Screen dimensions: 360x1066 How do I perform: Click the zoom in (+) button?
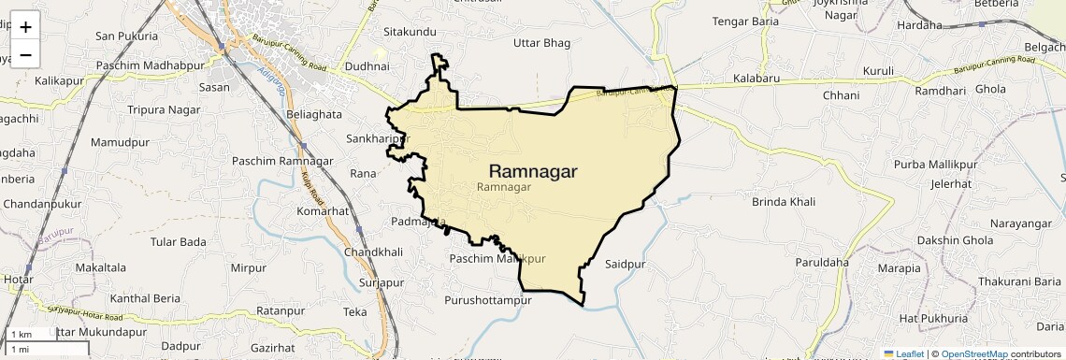(x=25, y=27)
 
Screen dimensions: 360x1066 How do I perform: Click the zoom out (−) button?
(x=25, y=54)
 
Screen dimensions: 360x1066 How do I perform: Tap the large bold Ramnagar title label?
(x=533, y=171)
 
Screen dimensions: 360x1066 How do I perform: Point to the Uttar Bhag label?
(x=542, y=42)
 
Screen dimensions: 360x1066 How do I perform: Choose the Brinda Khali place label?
(x=784, y=202)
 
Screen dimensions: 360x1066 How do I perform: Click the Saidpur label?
(x=626, y=265)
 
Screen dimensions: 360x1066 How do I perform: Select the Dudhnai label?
(x=367, y=67)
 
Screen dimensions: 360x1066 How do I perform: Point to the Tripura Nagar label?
(x=164, y=109)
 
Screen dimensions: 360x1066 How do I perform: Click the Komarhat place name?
(x=323, y=211)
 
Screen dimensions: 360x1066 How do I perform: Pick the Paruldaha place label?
(x=822, y=263)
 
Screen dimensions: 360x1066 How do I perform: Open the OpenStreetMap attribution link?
(x=974, y=354)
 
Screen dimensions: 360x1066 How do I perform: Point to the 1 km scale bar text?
(x=21, y=335)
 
